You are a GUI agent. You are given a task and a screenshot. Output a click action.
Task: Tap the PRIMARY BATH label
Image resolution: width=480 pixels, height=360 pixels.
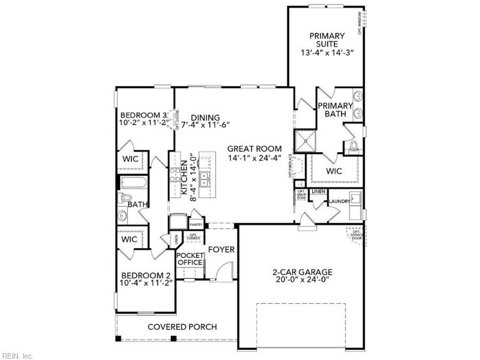click(336, 110)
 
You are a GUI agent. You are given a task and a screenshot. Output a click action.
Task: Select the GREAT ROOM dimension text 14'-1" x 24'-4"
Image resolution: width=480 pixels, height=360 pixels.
click(255, 158)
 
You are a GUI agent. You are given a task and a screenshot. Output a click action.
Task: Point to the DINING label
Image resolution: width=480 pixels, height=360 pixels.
click(205, 117)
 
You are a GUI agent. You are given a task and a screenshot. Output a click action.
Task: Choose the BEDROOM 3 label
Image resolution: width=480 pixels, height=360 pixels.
click(143, 115)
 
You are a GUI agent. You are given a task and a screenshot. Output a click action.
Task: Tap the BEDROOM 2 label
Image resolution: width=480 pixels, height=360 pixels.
click(146, 276)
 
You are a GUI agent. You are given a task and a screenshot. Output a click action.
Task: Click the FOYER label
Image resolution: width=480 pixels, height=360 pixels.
click(221, 250)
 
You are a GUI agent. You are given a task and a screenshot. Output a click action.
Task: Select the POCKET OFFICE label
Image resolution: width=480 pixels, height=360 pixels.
click(190, 259)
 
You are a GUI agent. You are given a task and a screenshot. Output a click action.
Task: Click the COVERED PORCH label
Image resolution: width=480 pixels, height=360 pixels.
click(182, 327)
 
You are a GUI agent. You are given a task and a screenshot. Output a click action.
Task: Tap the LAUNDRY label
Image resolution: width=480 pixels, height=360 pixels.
click(339, 202)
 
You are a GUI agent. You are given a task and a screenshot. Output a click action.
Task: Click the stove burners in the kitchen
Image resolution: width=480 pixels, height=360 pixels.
click(175, 174)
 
